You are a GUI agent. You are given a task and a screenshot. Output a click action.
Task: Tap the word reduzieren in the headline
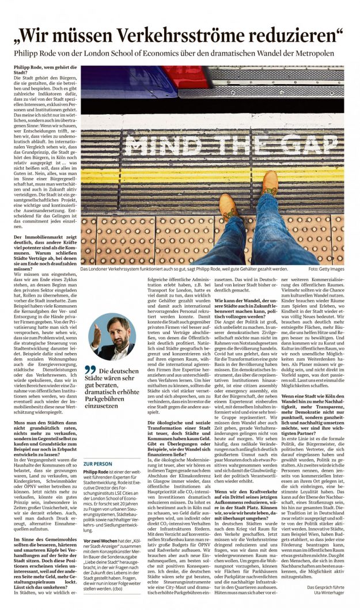291,36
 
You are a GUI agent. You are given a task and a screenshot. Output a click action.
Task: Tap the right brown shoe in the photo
270,183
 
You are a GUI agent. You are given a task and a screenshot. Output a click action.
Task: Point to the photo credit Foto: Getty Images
325,268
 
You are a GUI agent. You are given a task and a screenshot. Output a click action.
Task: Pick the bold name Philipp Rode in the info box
96,472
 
